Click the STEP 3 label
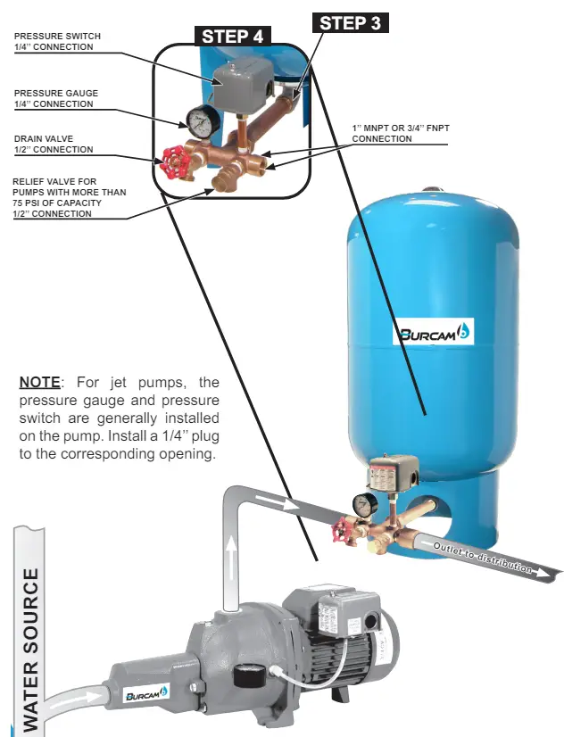point(351,23)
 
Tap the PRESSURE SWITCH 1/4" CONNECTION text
point(58,41)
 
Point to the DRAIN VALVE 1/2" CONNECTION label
point(54,144)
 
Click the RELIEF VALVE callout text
point(68,197)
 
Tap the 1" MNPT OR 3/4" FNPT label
point(402,134)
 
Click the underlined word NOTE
point(39,383)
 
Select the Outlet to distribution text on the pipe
point(483,555)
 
